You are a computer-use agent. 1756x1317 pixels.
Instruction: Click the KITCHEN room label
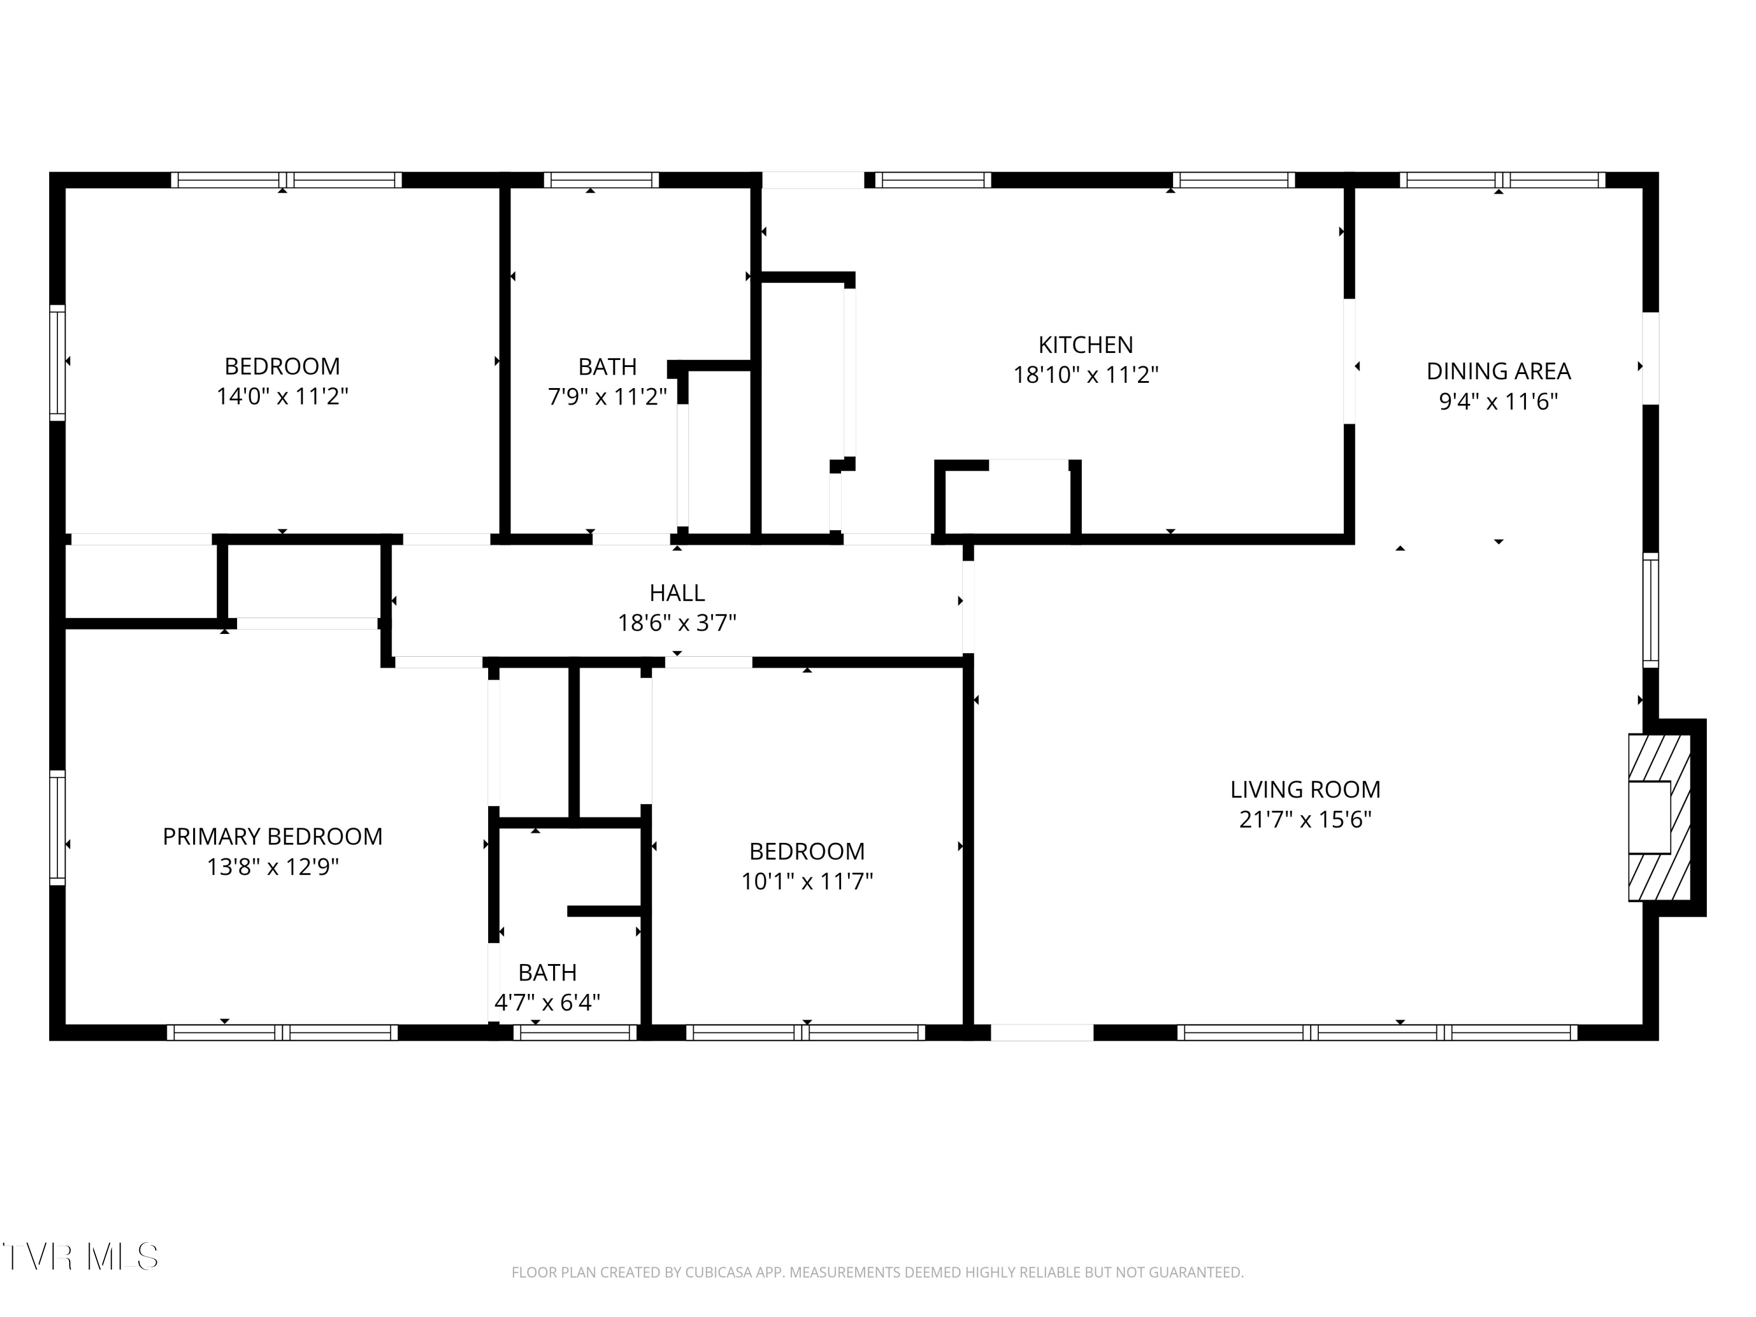(1085, 345)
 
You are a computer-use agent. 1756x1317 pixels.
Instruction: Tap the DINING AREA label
(1498, 371)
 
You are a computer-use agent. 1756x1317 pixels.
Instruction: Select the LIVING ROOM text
(1305, 789)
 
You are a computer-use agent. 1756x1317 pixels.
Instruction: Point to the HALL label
(677, 592)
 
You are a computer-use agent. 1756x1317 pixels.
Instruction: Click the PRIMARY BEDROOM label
(272, 836)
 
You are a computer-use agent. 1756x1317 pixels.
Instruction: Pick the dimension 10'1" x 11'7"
(807, 881)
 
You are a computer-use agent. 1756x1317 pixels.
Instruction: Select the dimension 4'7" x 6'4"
(547, 1003)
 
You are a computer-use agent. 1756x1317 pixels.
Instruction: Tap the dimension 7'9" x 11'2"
(608, 396)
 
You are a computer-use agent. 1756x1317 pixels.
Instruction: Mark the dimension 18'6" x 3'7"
(677, 622)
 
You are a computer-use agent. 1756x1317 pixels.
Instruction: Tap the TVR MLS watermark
(80, 1257)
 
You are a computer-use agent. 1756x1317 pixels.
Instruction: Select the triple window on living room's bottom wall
(1377, 1032)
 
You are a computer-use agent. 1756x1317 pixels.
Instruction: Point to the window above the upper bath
(601, 180)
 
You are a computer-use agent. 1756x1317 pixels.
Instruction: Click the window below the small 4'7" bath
(575, 1032)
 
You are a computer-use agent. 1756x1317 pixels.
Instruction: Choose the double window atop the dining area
(1502, 180)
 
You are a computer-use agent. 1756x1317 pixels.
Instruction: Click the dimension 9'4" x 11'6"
(1498, 402)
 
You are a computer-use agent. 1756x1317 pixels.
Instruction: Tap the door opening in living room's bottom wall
(1041, 1032)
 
